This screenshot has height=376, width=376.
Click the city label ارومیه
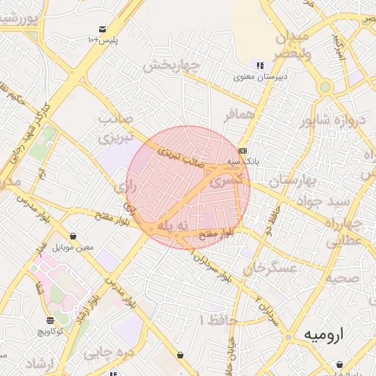pyautogui.click(x=322, y=335)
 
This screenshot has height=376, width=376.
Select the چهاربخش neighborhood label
pyautogui.click(x=170, y=66)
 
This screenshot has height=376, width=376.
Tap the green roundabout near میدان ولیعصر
pyautogui.click(x=325, y=87)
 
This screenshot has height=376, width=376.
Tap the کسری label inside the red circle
pyautogui.click(x=225, y=179)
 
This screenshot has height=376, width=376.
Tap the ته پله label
pyautogui.click(x=174, y=227)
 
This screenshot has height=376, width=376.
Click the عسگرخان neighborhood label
pyautogui.click(x=273, y=267)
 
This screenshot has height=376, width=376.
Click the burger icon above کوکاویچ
pyautogui.click(x=50, y=321)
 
